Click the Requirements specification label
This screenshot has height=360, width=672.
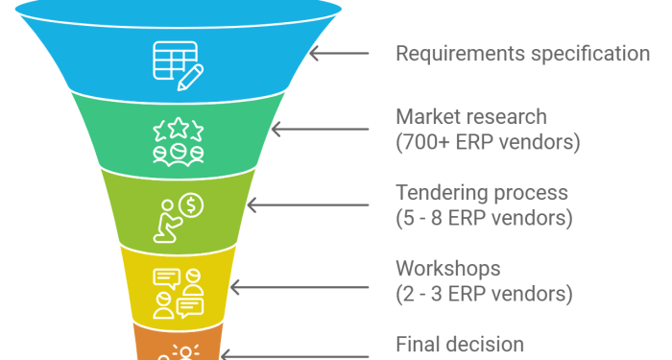pyautogui.click(x=522, y=53)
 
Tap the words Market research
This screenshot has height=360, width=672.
pyautogui.click(x=471, y=117)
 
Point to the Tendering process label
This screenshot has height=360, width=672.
pyautogui.click(x=482, y=193)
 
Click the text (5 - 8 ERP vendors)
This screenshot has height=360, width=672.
pyautogui.click(x=484, y=218)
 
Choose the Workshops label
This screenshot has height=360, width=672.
pyautogui.click(x=448, y=268)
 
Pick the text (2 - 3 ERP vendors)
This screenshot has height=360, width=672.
pyautogui.click(x=484, y=293)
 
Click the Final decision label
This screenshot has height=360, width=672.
pyautogui.click(x=460, y=344)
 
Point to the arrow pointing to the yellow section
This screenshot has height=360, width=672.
pyautogui.click(x=265, y=286)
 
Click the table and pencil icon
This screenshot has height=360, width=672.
pyautogui.click(x=178, y=60)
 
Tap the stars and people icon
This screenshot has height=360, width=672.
pyautogui.click(x=178, y=140)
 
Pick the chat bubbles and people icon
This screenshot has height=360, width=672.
pyautogui.click(x=178, y=292)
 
